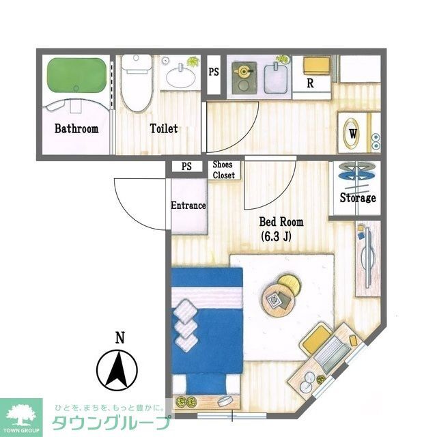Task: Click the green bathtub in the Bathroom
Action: click(x=76, y=74)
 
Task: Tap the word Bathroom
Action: click(x=76, y=128)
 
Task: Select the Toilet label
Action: click(x=164, y=128)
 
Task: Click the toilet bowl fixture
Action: click(x=137, y=83)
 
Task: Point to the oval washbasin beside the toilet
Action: click(x=180, y=76)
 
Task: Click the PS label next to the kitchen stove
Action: click(x=214, y=72)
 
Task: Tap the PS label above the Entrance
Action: click(x=186, y=167)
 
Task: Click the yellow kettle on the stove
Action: click(x=243, y=71)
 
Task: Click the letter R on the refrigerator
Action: click(x=310, y=83)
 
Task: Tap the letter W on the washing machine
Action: click(x=353, y=134)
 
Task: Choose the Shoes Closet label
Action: click(x=223, y=170)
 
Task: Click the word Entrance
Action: click(x=188, y=206)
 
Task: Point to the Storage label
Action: click(x=358, y=197)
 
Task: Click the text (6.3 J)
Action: click(x=276, y=237)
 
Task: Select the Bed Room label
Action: click(x=281, y=222)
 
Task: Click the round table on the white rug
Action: click(x=279, y=300)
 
